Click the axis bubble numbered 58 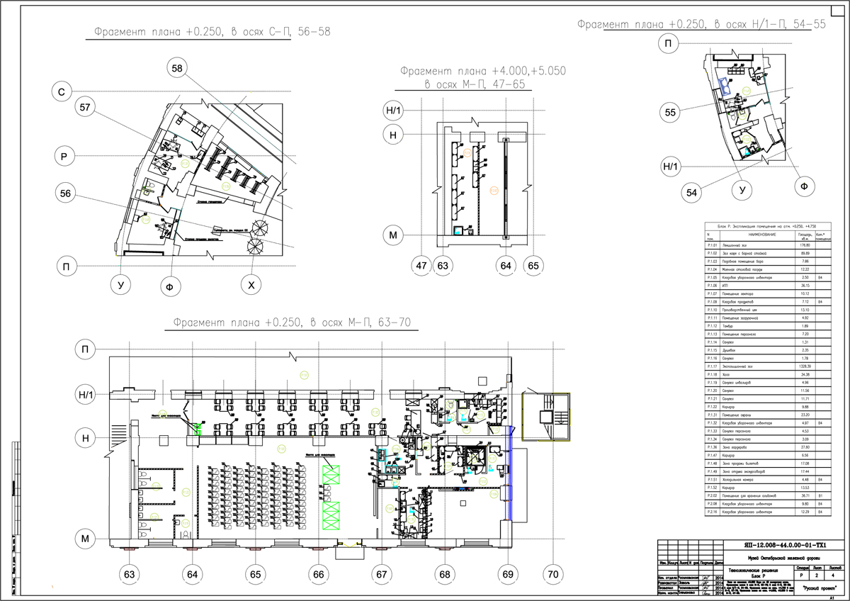coord(176,67)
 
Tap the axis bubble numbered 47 coord(422,266)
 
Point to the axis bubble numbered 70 coord(553,572)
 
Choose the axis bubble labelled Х coord(249,286)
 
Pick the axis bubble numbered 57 coord(86,107)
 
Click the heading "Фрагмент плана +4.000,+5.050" coord(482,72)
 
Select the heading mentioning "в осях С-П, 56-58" coord(212,32)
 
